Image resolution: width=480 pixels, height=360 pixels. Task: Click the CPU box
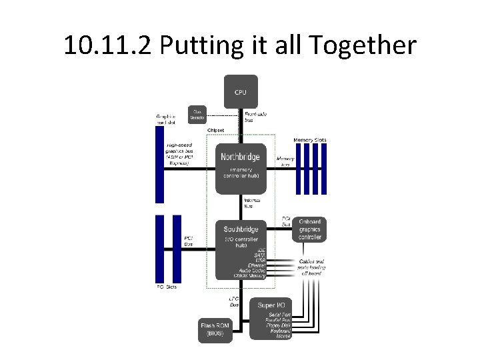pyautogui.click(x=240, y=91)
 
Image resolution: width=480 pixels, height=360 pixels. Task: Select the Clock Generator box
pyautogui.click(x=197, y=115)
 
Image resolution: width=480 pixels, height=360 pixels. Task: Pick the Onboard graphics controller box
pyautogui.click(x=310, y=229)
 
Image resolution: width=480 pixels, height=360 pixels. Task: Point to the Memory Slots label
pyautogui.click(x=310, y=140)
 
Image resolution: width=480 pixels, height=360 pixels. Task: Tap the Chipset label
pyautogui.click(x=215, y=130)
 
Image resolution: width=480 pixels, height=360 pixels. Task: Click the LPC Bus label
pyautogui.click(x=234, y=303)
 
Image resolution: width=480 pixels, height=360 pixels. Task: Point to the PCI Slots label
pyautogui.click(x=167, y=287)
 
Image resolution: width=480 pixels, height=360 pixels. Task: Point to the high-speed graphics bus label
pyautogui.click(x=179, y=153)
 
